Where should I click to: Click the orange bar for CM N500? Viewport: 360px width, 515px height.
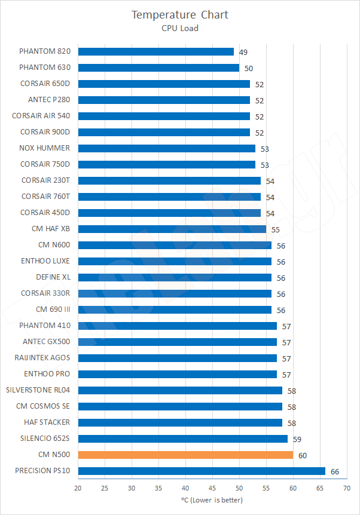click(x=185, y=455)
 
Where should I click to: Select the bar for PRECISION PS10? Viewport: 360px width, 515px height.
click(x=202, y=471)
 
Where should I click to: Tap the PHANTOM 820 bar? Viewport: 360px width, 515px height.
click(x=155, y=52)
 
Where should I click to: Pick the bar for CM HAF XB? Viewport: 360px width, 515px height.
click(x=172, y=229)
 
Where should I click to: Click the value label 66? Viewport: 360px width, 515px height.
click(x=335, y=471)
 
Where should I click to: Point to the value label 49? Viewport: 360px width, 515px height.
click(x=243, y=53)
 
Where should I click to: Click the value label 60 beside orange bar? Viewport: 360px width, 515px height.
click(x=303, y=455)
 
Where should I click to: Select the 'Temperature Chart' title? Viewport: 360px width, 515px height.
click(x=180, y=14)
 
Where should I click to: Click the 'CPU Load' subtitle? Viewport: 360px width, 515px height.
click(x=180, y=27)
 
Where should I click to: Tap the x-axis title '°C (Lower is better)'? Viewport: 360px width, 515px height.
click(x=212, y=499)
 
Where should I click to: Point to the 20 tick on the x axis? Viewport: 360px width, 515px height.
click(x=78, y=488)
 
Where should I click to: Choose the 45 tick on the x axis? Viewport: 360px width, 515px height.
click(x=212, y=488)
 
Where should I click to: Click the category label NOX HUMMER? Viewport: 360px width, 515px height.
click(x=45, y=148)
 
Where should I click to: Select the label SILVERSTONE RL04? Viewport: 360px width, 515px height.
click(x=38, y=390)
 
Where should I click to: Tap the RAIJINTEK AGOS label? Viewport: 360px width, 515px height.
click(x=42, y=358)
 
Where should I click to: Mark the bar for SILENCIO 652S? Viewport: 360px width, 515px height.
click(x=182, y=439)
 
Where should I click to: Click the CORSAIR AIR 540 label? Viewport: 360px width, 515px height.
click(x=41, y=116)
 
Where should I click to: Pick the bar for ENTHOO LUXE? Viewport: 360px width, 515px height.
click(x=175, y=261)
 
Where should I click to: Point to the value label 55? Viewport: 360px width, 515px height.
click(x=276, y=229)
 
